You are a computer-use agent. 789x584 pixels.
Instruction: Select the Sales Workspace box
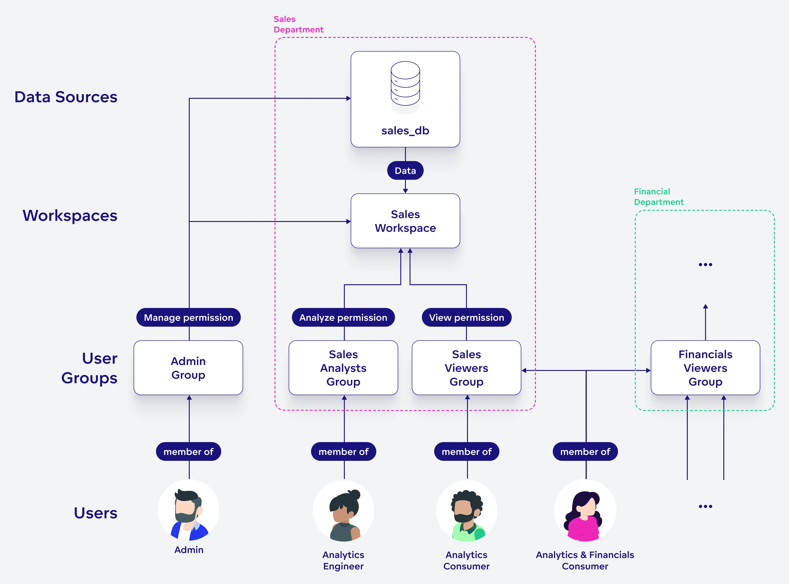click(x=405, y=221)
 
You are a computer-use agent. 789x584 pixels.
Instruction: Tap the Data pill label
click(x=405, y=171)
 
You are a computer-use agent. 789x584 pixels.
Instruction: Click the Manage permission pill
click(x=188, y=318)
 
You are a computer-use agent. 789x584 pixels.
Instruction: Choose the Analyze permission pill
click(x=343, y=318)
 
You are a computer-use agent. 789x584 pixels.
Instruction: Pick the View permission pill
click(x=466, y=318)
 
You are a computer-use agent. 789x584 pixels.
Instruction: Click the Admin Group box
click(x=188, y=368)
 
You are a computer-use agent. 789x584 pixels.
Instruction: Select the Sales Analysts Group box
click(x=343, y=368)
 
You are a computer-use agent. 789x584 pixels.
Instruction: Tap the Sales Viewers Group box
click(x=466, y=368)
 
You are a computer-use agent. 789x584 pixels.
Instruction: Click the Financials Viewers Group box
click(x=705, y=368)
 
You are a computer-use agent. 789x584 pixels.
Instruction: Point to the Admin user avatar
click(x=188, y=511)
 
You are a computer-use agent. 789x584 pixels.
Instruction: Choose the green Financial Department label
click(x=658, y=197)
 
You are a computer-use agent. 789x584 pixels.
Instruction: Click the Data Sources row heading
click(x=66, y=97)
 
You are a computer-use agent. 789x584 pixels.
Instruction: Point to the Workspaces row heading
click(x=70, y=216)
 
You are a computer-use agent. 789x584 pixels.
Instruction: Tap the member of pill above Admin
click(x=188, y=451)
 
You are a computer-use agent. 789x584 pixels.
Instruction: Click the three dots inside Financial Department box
click(x=705, y=264)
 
